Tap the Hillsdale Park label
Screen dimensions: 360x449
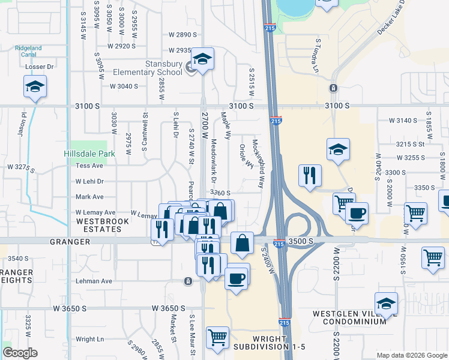[x=89, y=154]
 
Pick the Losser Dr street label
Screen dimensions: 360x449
[x=40, y=67]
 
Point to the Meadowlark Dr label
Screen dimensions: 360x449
[x=214, y=161]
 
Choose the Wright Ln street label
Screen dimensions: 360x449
[x=92, y=339]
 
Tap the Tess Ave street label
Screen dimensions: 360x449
[x=89, y=166]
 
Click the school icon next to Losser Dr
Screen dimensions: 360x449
[x=35, y=87]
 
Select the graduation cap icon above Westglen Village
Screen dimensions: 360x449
[x=386, y=304]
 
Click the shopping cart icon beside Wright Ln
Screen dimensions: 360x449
[x=217, y=337]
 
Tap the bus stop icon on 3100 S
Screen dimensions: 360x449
[x=333, y=88]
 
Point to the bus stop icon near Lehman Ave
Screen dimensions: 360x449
[x=188, y=281]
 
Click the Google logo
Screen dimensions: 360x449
[x=20, y=353]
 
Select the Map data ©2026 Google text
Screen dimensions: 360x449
[x=411, y=355]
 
